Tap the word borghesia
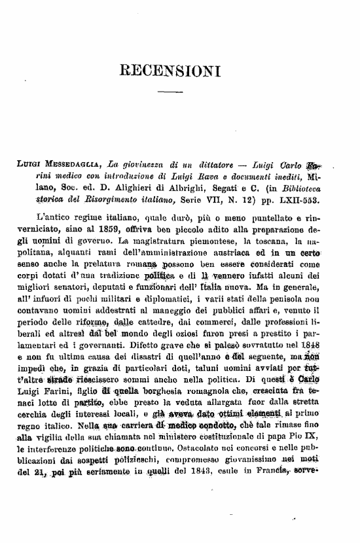182,389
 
